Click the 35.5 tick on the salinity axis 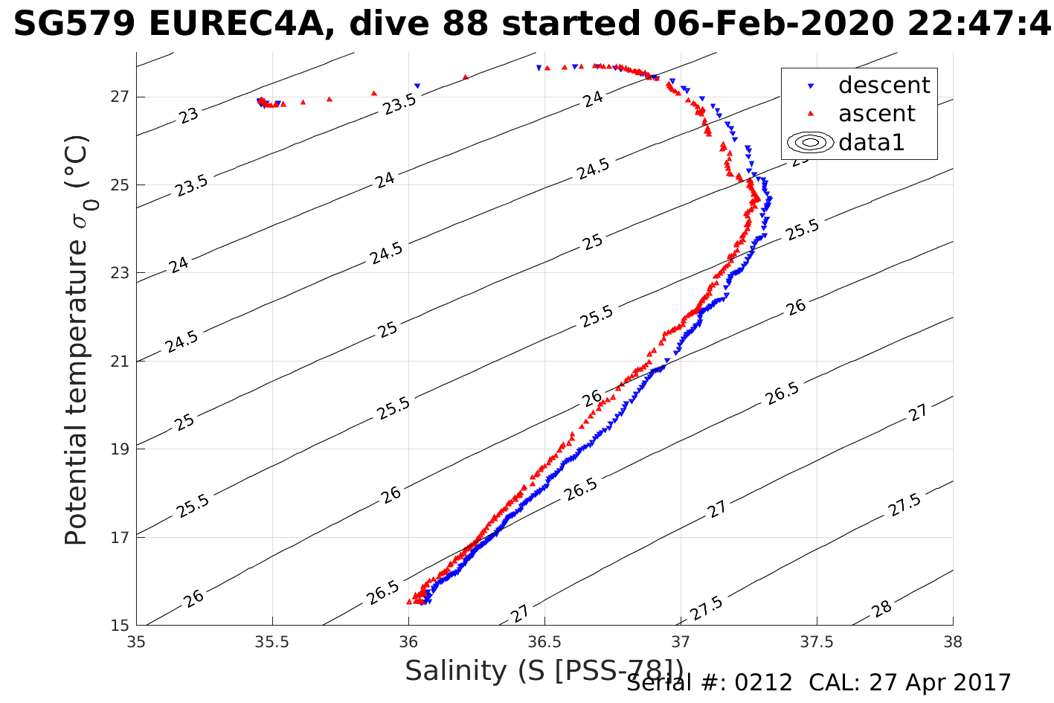(272, 641)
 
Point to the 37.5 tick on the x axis (817, 641)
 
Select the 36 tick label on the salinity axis (408, 641)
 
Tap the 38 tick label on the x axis (952, 641)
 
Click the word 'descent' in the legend (884, 86)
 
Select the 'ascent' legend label (877, 114)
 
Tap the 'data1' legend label (871, 142)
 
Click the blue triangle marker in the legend (811, 86)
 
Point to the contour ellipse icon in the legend (811, 142)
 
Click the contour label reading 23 (189, 115)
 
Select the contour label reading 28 (881, 609)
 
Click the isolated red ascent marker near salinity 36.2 (466, 77)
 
